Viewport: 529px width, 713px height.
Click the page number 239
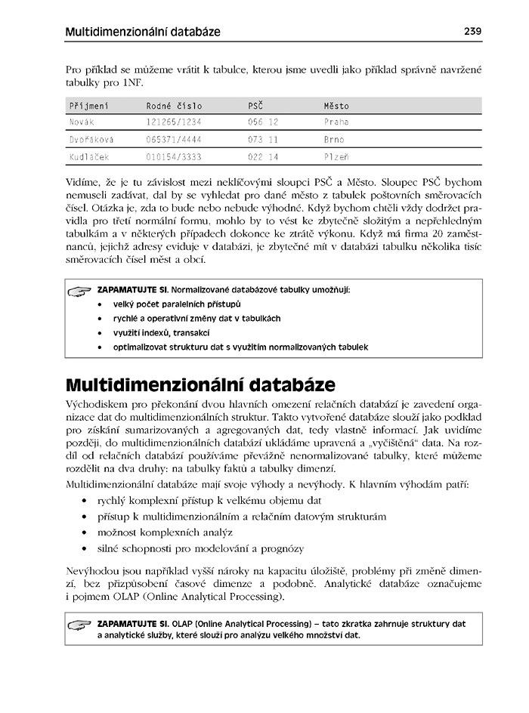472,32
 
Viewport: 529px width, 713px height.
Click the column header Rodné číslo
175,106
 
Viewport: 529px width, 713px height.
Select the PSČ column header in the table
255,106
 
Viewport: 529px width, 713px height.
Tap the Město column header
336,106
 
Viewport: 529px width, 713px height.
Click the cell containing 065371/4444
175,140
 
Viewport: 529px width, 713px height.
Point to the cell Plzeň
336,157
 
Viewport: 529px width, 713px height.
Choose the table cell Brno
333,140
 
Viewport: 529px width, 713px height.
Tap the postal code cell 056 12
263,122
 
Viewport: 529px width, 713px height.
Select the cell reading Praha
336,122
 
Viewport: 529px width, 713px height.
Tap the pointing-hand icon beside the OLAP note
79,625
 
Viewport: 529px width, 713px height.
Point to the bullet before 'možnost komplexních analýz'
84,533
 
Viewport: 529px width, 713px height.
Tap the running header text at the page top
143,32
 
